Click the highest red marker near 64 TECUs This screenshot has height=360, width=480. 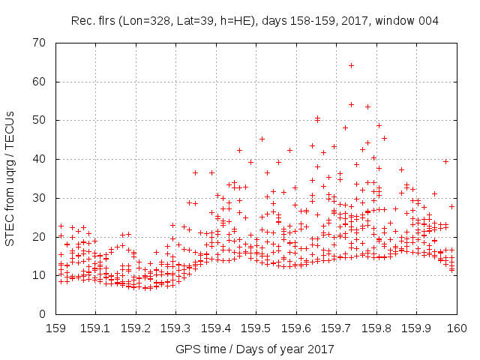point(351,65)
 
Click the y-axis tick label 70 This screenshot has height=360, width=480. point(40,42)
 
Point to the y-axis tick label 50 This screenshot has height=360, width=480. point(40,120)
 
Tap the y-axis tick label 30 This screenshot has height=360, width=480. point(40,198)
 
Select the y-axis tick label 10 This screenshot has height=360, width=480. point(40,275)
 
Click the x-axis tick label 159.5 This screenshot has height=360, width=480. point(256,328)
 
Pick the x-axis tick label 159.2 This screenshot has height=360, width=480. point(136,328)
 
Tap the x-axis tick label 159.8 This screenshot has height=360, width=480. point(376,328)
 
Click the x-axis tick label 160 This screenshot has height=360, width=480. point(457,328)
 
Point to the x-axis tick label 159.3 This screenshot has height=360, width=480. point(175,328)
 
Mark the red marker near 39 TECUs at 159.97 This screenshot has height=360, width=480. point(445,161)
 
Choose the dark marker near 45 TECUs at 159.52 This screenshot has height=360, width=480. point(262,139)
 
